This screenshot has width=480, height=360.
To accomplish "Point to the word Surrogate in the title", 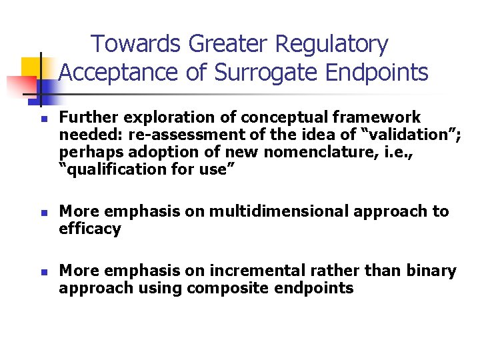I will [x=267, y=73].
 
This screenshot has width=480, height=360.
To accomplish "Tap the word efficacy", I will [x=90, y=229].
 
